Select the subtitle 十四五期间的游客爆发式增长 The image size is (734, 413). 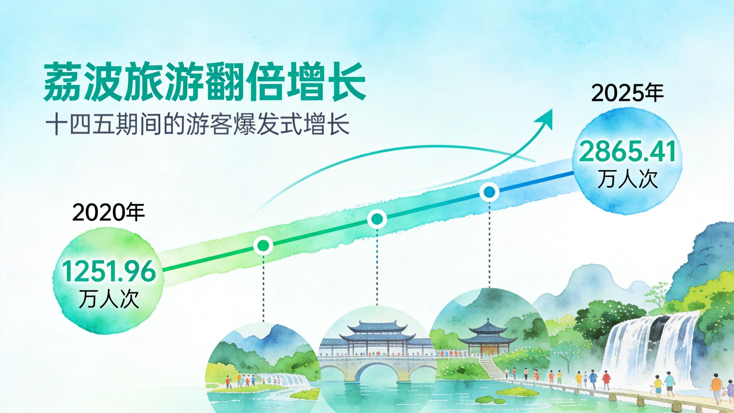click(x=197, y=124)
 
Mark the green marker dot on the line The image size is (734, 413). click(x=263, y=245)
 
